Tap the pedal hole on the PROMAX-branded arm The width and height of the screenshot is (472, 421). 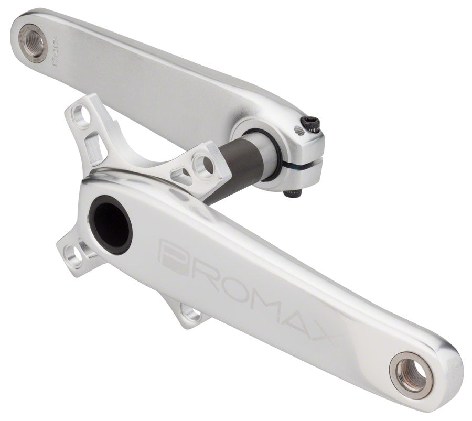pos(411,374)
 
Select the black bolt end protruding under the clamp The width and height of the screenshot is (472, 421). pos(293,193)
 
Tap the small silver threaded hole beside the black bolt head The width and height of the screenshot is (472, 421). pos(299,131)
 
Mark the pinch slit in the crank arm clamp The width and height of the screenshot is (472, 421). pos(302,164)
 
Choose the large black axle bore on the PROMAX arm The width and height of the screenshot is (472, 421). pos(110,224)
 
